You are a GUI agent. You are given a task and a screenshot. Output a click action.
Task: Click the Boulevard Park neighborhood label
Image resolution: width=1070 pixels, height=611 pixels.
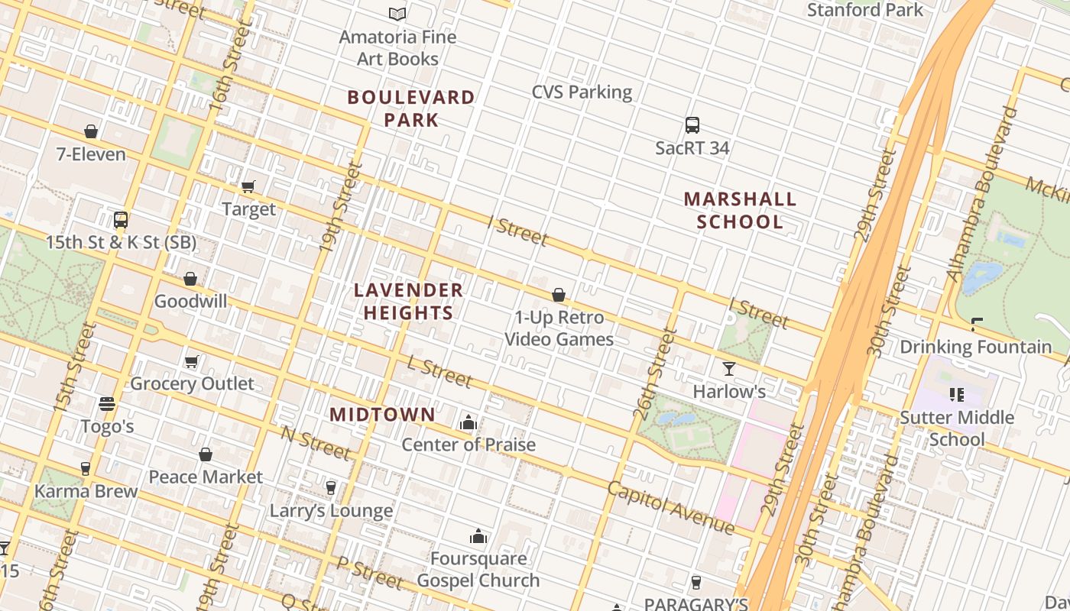411,108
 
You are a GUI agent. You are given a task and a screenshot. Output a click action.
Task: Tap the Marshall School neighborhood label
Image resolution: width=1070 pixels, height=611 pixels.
740,210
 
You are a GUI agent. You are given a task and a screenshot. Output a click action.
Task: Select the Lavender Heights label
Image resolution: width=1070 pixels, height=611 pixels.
409,301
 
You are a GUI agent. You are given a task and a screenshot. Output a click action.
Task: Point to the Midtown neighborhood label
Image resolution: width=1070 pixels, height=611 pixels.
382,415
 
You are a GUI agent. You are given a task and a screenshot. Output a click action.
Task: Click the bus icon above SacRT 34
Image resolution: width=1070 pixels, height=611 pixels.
692,125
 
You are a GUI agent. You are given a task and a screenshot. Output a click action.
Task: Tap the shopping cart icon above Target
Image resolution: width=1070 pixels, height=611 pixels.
248,186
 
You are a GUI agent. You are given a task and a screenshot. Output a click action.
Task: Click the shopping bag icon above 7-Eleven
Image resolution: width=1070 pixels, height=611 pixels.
91,131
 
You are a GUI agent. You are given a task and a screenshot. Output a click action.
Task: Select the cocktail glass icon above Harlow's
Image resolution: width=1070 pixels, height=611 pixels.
729,369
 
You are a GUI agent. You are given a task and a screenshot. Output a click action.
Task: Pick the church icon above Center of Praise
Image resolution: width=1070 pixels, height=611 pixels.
469,422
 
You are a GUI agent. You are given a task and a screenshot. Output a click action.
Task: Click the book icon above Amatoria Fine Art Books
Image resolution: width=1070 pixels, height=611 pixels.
397,14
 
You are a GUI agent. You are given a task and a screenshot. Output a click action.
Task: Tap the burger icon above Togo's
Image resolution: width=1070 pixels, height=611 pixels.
107,403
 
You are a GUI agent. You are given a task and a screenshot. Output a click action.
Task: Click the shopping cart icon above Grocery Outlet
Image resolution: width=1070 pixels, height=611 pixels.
192,361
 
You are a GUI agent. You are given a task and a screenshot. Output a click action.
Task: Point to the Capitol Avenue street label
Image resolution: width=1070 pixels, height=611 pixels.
671,508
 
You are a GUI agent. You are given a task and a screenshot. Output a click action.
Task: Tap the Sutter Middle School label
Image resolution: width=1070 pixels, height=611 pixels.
957,428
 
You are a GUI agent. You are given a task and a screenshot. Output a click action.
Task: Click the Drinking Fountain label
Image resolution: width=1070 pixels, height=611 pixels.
975,347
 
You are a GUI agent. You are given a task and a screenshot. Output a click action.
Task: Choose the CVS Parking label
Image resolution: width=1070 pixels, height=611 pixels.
582,92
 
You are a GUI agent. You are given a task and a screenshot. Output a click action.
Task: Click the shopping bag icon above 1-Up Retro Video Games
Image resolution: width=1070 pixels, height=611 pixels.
559,295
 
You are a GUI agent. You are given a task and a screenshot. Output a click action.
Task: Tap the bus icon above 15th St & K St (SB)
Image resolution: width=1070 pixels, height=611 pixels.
121,220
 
